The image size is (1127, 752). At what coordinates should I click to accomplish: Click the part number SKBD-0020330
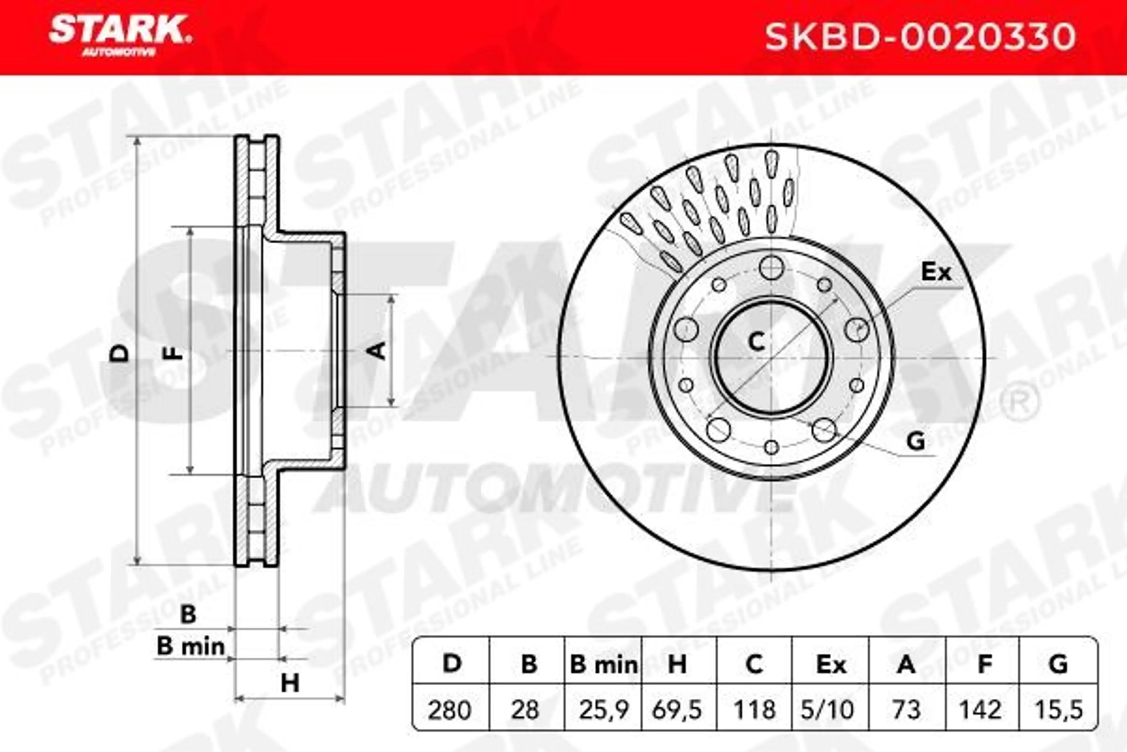click(920, 37)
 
